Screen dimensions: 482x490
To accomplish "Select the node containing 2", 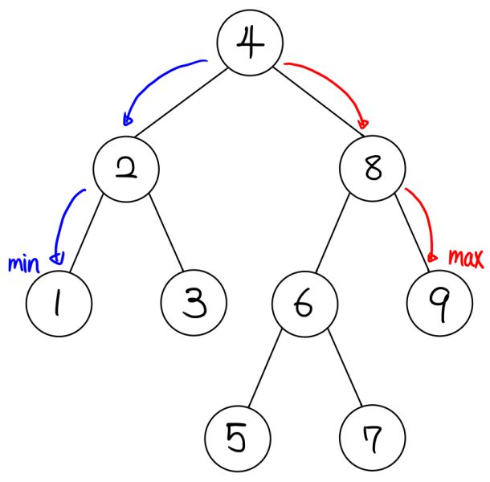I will (126, 170).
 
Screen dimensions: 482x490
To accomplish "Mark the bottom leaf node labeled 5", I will (237, 439).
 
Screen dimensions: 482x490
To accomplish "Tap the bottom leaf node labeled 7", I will (372, 439).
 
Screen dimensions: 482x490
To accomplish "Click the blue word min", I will (23, 263).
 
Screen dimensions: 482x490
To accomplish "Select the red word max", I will (465, 258).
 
